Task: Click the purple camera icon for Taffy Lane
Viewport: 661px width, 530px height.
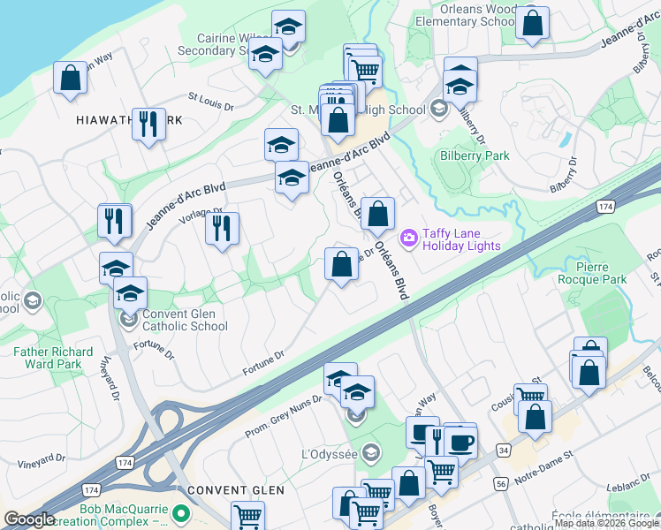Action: (408, 237)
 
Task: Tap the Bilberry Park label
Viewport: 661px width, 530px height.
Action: (475, 156)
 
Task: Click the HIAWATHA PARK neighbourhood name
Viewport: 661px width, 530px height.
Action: (116, 119)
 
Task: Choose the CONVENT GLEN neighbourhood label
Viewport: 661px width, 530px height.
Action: (236, 490)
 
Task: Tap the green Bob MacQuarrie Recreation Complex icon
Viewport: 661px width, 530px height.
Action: (181, 512)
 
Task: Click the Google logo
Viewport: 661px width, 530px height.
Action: (29, 519)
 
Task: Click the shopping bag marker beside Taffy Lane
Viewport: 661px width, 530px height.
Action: (377, 213)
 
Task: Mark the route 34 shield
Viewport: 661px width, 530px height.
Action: (503, 450)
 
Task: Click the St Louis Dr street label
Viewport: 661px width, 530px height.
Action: (209, 101)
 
